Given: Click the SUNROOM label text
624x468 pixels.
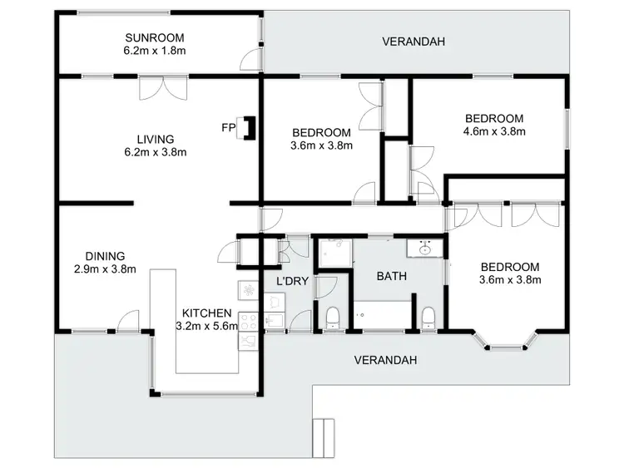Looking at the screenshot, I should click(154, 38).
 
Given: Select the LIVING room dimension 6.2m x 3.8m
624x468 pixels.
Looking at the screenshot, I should click(156, 152).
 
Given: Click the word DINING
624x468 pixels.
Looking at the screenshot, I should click(105, 256).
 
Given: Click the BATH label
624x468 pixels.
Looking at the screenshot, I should click(390, 275).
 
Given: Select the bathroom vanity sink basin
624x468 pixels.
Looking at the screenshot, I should click(425, 248).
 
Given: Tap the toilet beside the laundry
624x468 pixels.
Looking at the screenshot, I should click(332, 316).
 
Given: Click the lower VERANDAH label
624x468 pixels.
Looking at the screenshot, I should click(384, 360).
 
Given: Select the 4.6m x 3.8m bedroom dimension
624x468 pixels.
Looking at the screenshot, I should click(494, 131).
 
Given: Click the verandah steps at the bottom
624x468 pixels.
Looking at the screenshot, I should click(323, 433).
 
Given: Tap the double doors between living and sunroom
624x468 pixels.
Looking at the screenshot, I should click(156, 87).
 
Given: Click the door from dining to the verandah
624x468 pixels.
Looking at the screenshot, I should click(126, 320).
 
